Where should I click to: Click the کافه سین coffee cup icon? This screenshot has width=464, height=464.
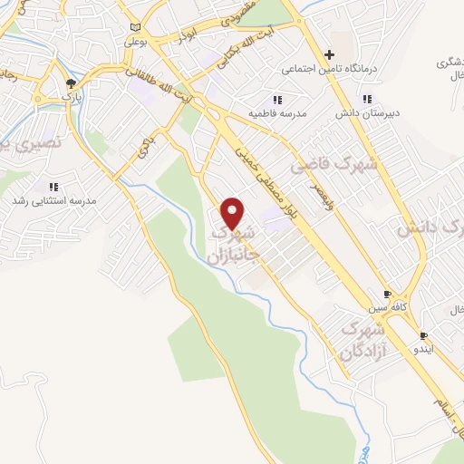click(x=387, y=295)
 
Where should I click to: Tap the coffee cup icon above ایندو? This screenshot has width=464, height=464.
click(x=423, y=333)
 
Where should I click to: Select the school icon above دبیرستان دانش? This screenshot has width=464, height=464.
click(x=367, y=100)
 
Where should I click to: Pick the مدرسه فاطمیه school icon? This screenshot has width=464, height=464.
click(x=276, y=100)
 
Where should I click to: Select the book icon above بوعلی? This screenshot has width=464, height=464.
click(x=135, y=28)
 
